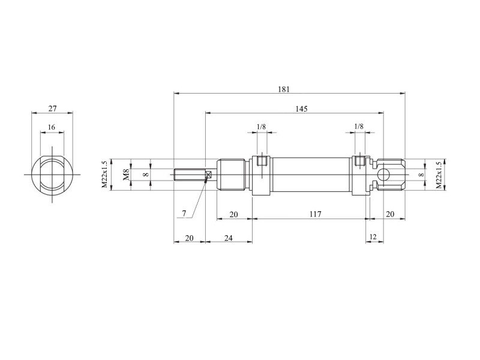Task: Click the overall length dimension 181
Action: coord(284,89)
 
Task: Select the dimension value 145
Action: coord(302,109)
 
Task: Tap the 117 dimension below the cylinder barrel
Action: coord(316,214)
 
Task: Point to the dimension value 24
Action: coord(229,238)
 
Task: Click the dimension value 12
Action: coord(373,236)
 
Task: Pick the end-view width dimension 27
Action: coord(53,109)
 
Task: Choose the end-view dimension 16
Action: coord(52,127)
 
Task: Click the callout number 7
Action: coord(184,214)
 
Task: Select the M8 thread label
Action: coord(127,175)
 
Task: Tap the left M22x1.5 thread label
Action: coord(104,175)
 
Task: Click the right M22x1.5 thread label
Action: coord(439,175)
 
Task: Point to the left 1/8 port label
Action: coord(261,127)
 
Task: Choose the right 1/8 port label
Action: coord(359,126)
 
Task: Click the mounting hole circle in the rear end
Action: coord(383,175)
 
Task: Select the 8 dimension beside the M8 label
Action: coord(146,175)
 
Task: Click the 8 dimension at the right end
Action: coord(422,175)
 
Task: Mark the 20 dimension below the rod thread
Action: coord(190,238)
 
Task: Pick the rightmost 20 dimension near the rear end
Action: coord(389,214)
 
